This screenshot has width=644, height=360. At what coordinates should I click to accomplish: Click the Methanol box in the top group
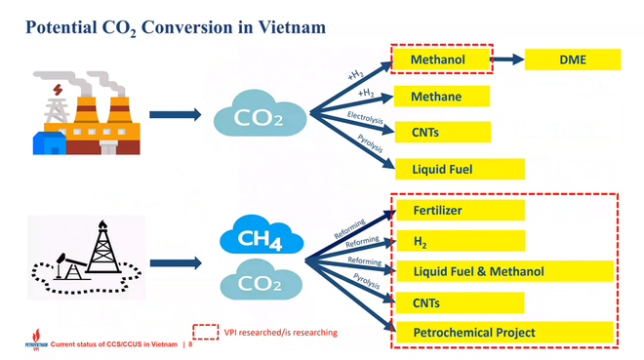point(440,60)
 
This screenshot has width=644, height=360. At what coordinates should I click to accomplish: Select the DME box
point(572,60)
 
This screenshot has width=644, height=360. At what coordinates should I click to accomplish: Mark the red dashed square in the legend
point(205,333)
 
